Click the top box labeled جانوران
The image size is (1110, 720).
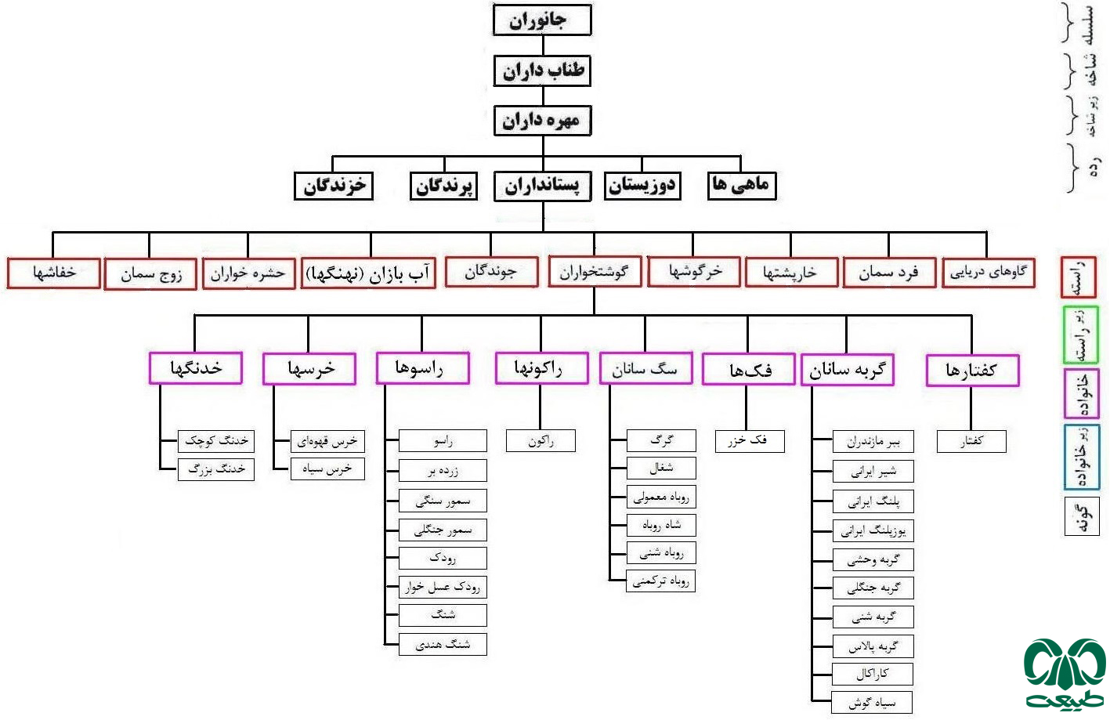click(541, 20)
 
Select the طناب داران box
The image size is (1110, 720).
click(541, 71)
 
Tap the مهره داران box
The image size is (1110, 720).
click(541, 121)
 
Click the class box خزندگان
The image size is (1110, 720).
click(334, 186)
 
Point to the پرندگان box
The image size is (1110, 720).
click(443, 186)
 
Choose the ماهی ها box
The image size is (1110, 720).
click(741, 185)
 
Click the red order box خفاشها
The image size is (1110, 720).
click(54, 273)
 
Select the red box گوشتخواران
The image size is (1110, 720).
click(594, 272)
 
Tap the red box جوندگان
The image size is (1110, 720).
click(491, 272)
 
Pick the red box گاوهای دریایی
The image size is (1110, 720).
click(988, 273)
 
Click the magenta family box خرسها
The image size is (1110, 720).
click(309, 368)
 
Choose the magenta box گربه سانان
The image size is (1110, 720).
click(847, 370)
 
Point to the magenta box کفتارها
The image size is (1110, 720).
click(971, 370)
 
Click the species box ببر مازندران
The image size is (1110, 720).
click(873, 442)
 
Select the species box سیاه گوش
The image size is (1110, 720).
click(873, 703)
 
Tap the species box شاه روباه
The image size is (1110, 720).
click(661, 525)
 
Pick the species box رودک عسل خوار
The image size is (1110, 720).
click(443, 587)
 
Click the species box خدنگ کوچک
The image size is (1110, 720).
click(215, 441)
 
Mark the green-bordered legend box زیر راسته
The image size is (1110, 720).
click(1081, 335)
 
